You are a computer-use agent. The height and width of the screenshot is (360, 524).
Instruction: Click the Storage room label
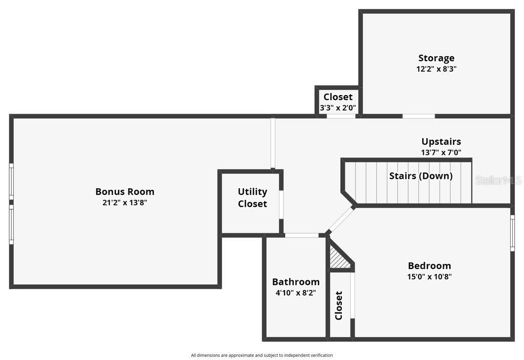(x=436, y=58)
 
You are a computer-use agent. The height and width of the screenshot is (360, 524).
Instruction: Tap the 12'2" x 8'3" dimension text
(x=436, y=69)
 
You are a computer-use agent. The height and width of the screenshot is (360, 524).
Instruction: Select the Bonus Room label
(x=124, y=192)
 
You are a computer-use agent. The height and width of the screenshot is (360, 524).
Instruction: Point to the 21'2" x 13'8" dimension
(x=124, y=202)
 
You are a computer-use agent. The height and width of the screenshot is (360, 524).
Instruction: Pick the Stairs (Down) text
(x=421, y=176)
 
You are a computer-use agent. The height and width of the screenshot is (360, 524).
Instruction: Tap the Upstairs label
(x=441, y=142)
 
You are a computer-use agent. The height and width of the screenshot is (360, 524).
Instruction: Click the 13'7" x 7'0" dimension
(x=441, y=152)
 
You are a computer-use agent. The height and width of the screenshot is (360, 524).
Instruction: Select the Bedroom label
(x=429, y=266)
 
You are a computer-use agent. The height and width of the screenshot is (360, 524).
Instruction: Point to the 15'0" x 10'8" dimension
(x=429, y=277)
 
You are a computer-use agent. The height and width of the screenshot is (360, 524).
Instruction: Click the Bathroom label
(x=296, y=282)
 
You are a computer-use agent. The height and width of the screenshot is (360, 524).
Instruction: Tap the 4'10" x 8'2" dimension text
(x=296, y=293)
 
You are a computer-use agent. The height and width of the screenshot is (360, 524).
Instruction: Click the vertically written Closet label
(x=339, y=305)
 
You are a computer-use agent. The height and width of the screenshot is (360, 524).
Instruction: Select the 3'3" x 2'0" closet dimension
(x=338, y=108)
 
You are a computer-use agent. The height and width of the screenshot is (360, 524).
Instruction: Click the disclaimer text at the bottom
(x=261, y=355)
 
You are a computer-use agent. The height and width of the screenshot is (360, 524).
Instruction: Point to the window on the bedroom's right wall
(x=512, y=233)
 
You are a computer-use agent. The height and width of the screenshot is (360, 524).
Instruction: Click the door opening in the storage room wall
(x=418, y=116)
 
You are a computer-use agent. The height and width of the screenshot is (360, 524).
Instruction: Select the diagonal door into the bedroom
(x=340, y=220)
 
